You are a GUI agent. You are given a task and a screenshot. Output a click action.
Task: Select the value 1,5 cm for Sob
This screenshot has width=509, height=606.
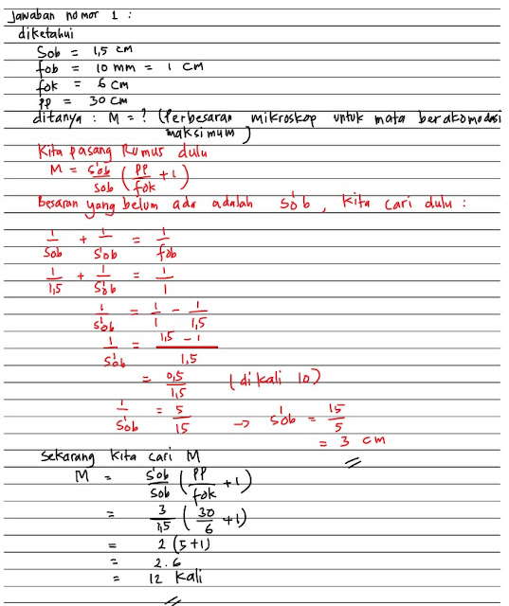point(103,53)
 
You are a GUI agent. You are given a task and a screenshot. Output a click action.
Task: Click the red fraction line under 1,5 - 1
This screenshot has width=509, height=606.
point(185,348)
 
